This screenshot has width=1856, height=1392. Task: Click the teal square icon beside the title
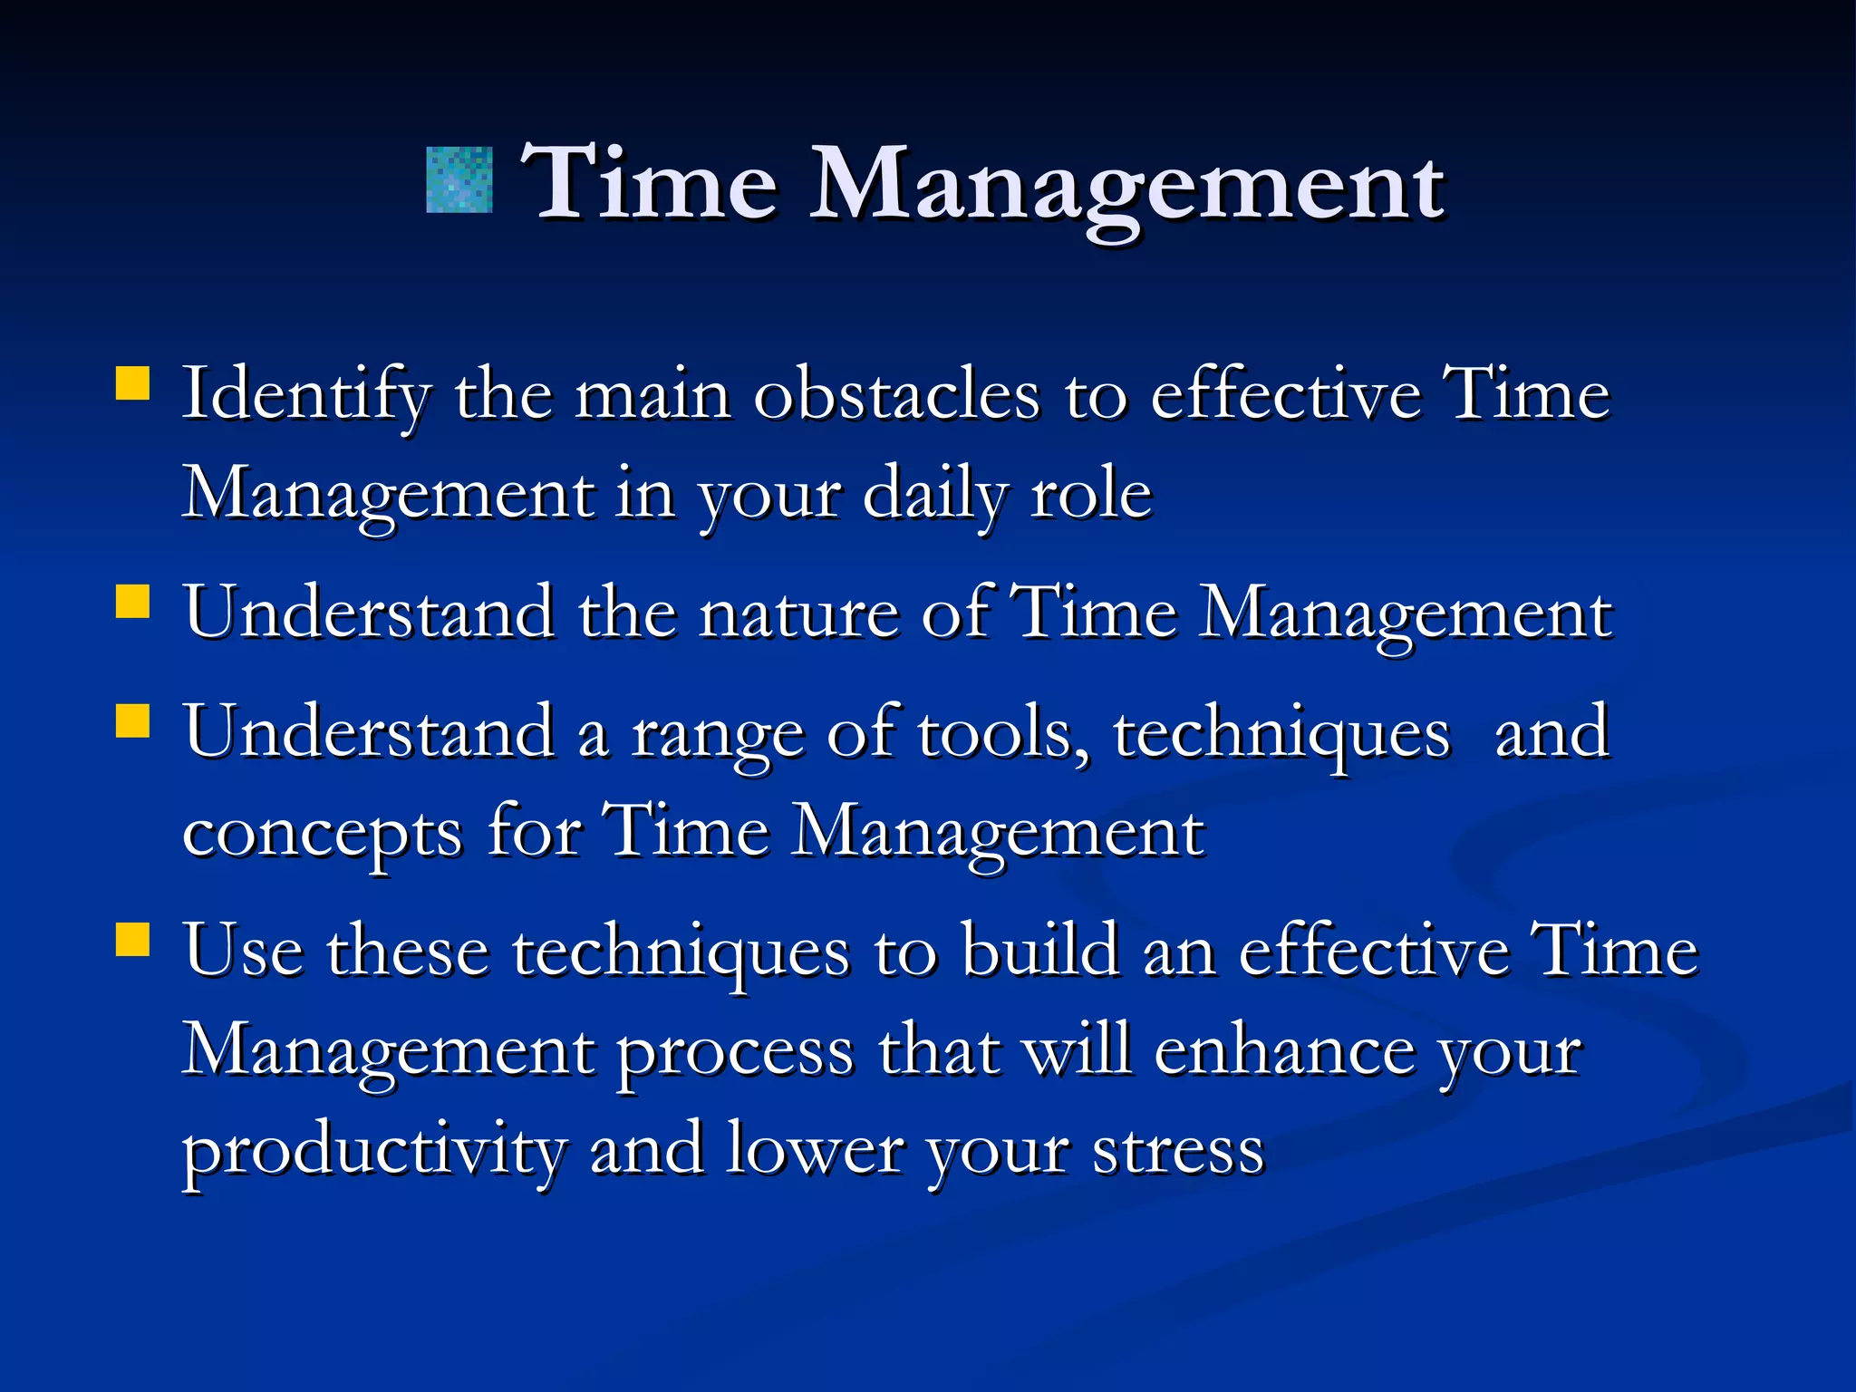click(x=459, y=180)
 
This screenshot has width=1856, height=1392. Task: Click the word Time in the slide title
click(x=649, y=184)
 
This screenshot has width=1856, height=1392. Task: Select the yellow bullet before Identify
click(x=133, y=382)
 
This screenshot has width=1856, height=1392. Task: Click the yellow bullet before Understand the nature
click(x=133, y=600)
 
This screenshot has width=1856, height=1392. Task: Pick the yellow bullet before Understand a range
click(x=133, y=721)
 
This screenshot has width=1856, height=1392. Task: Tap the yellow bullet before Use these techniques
click(x=133, y=939)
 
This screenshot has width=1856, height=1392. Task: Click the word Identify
click(x=306, y=396)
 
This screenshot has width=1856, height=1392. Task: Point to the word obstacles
click(x=896, y=396)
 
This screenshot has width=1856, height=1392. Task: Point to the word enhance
click(x=1284, y=1051)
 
